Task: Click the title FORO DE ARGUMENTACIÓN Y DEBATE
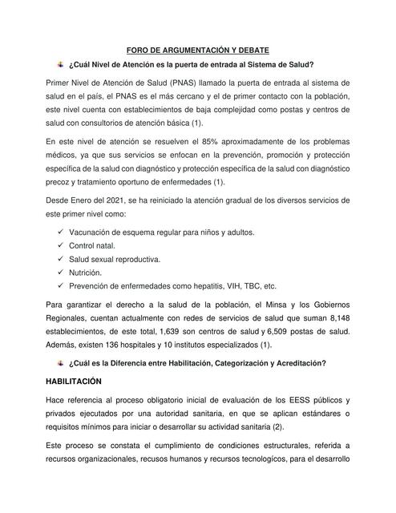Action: [198, 47]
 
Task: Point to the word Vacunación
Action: [93, 232]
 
